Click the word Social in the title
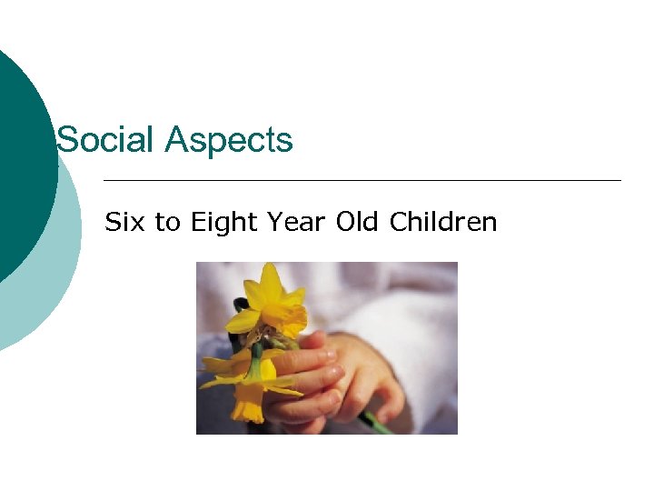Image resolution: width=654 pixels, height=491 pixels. click(x=104, y=141)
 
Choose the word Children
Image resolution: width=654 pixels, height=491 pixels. click(x=442, y=222)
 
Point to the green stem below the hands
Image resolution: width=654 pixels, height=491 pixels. click(x=376, y=422)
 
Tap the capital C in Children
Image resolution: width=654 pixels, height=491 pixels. click(x=397, y=222)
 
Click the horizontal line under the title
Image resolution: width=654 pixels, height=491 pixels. click(x=363, y=180)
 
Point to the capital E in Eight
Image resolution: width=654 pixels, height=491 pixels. click(x=197, y=222)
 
